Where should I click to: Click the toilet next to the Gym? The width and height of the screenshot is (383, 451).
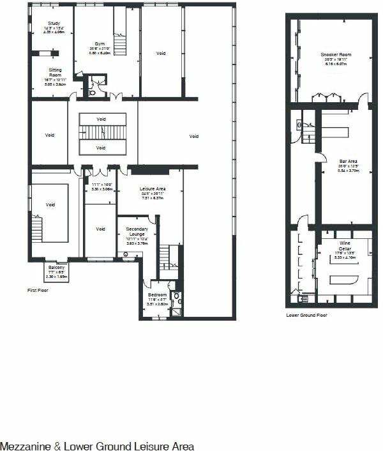point(94,91)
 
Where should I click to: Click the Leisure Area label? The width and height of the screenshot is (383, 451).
point(153,189)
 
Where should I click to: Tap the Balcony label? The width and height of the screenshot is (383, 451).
point(56,267)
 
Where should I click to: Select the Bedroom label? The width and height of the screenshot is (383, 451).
point(157,295)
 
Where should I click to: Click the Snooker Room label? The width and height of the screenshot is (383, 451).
point(329,55)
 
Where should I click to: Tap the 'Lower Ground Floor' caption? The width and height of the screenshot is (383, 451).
point(306,315)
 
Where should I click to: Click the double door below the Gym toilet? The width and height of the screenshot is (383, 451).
point(114,97)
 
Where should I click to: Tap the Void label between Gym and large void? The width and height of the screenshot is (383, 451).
point(161,54)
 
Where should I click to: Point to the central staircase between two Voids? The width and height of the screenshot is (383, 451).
point(100,133)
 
